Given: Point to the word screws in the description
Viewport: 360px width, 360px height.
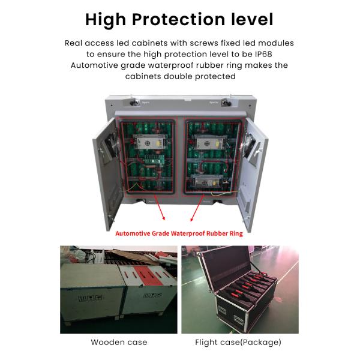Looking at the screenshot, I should pos(200,43).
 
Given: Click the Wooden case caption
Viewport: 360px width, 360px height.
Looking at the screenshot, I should pos(119,343).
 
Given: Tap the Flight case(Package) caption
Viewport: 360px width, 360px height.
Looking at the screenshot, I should pos(238,343).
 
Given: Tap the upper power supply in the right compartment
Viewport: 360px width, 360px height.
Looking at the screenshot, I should pos(211,142).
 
